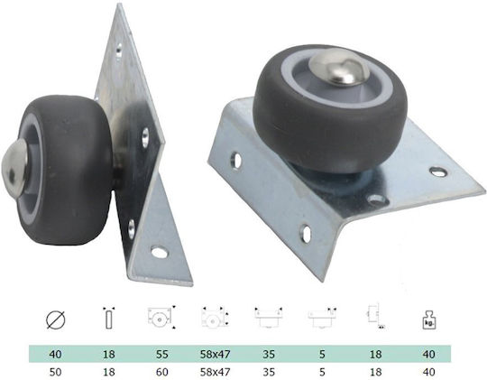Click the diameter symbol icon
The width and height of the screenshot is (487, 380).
click(56, 320)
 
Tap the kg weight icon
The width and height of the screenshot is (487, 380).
click(428, 320)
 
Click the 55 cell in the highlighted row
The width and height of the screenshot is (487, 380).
click(161, 354)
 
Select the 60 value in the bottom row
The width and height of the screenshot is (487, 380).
click(161, 372)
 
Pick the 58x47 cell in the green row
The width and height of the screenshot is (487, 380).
click(215, 354)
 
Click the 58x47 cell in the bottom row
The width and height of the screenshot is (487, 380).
click(215, 372)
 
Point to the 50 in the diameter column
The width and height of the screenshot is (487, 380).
click(55, 372)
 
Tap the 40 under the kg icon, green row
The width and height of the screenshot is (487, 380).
click(428, 354)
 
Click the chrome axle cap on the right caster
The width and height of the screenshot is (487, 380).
click(339, 67)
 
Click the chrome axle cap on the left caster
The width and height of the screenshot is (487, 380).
click(14, 166)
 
